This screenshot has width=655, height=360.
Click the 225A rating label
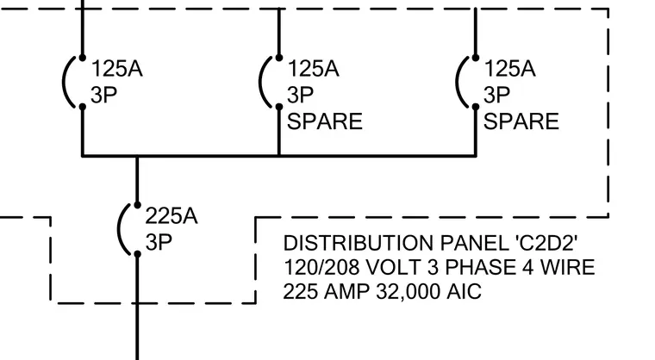[172, 216]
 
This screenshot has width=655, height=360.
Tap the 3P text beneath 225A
[159, 242]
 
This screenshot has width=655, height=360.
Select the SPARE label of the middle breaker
[325, 121]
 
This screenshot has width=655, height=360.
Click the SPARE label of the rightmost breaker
[521, 121]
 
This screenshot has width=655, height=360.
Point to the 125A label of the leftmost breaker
[116, 69]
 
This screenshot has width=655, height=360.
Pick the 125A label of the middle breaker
[313, 69]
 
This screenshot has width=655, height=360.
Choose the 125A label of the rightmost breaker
[509, 69]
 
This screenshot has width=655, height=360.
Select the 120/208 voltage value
[321, 267]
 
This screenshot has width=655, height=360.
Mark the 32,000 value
[409, 291]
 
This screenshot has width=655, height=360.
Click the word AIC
[464, 291]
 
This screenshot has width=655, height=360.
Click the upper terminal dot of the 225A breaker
[137, 205]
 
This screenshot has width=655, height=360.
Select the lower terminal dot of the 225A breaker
[137, 254]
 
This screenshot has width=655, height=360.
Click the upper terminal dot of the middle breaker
[279, 58]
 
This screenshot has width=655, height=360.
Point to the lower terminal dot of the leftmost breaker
[82, 107]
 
